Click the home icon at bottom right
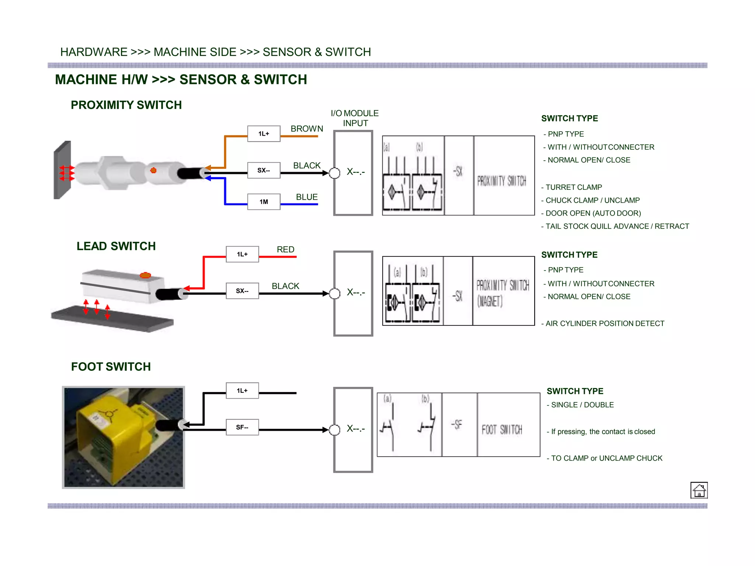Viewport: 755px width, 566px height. [699, 490]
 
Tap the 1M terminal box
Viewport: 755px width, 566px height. [264, 202]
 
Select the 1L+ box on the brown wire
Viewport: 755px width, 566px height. [264, 133]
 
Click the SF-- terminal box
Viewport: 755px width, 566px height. [242, 427]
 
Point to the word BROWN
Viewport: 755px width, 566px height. [307, 129]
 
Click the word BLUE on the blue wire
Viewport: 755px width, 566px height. [307, 197]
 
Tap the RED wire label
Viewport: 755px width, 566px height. [285, 249]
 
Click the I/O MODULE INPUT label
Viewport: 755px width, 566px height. [355, 118]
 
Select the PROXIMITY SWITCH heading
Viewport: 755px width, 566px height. [126, 105]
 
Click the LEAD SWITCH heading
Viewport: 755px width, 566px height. [116, 246]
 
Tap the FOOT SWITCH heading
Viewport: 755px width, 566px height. [111, 367]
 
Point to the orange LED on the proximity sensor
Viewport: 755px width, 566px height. [153, 170]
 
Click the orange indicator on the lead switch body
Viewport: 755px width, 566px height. [145, 275]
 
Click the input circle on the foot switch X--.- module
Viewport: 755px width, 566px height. [335, 430]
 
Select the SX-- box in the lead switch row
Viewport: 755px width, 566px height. [242, 291]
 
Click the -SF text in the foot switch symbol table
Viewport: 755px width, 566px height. [456, 425]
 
